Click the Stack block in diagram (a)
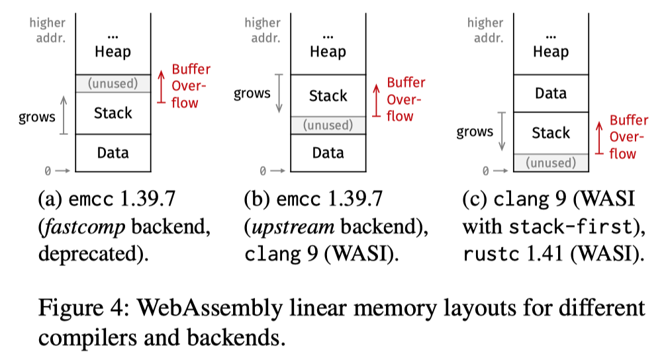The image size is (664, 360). [113, 113]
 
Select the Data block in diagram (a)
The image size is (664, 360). [113, 153]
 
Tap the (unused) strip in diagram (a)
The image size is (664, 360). [113, 83]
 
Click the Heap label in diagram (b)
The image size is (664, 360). [328, 52]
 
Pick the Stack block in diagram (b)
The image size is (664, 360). [328, 95]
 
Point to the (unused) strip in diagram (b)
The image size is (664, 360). [328, 125]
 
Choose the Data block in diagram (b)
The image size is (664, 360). [328, 153]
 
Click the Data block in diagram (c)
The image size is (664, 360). [550, 93]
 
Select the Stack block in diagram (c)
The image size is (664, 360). [550, 133]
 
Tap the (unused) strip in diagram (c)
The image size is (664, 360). [550, 163]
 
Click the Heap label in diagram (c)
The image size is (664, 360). [550, 52]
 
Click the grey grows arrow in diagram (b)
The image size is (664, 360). [281, 93]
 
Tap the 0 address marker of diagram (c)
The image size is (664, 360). [485, 171]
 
